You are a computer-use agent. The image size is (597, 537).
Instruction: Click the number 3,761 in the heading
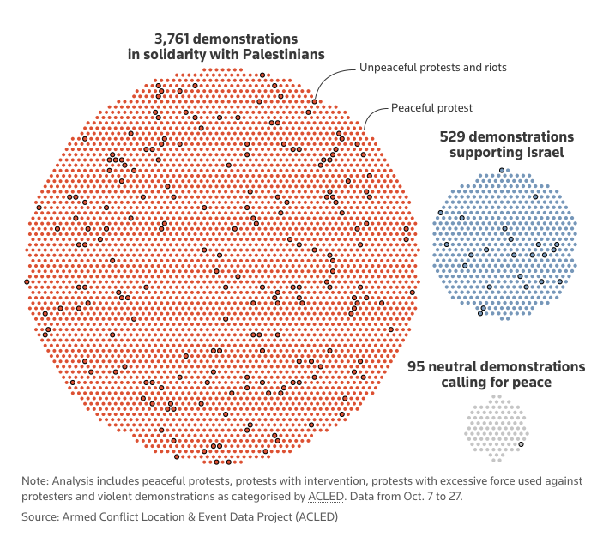coord(176,39)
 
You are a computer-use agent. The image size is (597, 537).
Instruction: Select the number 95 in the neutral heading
coord(416,367)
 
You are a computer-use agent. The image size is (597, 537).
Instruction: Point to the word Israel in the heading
coord(545,153)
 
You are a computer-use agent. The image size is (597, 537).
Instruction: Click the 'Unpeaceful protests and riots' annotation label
coord(433,67)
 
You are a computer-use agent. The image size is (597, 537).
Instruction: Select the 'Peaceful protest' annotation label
coord(432,107)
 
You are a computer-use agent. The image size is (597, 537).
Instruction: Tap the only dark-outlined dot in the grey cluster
coord(521,443)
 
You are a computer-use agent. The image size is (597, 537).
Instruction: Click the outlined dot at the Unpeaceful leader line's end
coord(314,102)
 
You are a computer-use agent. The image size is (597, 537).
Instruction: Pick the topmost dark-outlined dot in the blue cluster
coord(502,171)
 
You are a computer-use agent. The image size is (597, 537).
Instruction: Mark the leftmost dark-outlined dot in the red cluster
coord(27,281)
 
